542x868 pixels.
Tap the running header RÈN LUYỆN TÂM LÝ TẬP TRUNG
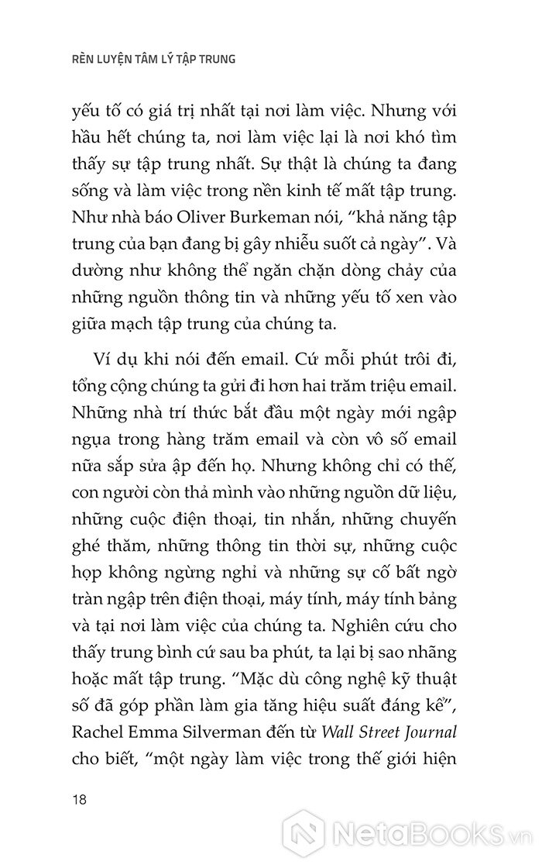point(148,59)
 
